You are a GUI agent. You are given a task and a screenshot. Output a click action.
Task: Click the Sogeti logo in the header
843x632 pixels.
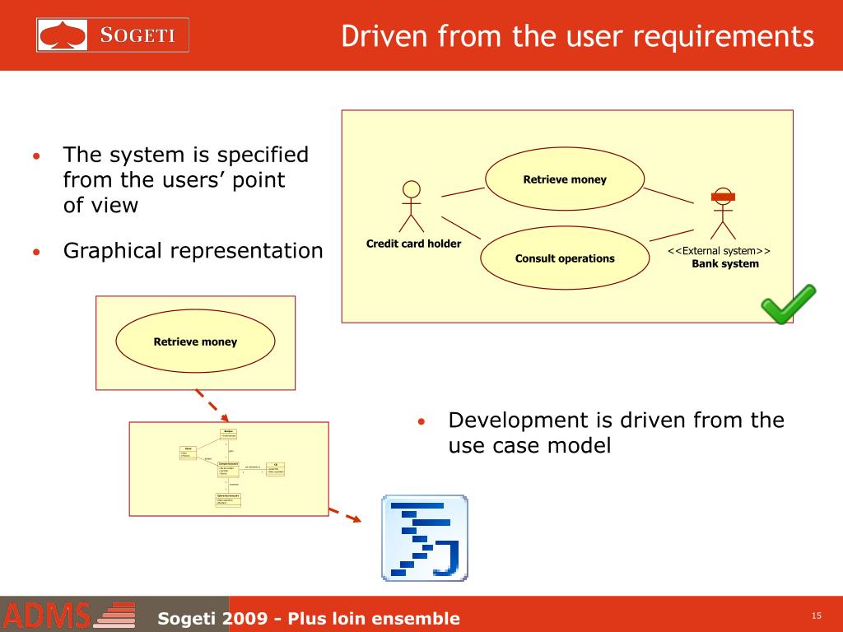pyautogui.click(x=113, y=35)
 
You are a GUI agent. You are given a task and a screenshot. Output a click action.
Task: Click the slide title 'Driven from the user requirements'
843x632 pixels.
pyautogui.click(x=578, y=36)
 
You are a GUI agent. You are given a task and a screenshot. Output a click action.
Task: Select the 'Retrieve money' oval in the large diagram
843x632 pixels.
pyautogui.click(x=564, y=179)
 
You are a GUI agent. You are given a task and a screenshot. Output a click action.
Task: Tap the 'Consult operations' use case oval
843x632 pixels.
pyautogui.click(x=565, y=258)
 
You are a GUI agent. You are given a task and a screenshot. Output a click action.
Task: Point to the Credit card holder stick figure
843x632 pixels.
pyautogui.click(x=411, y=207)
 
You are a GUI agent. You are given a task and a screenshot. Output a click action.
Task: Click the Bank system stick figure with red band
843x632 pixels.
pyautogui.click(x=722, y=212)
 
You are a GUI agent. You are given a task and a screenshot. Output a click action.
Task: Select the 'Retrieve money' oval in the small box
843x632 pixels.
pyautogui.click(x=195, y=342)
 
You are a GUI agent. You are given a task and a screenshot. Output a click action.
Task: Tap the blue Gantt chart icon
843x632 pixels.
pyautogui.click(x=424, y=538)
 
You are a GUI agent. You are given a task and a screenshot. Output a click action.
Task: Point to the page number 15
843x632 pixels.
pyautogui.click(x=817, y=616)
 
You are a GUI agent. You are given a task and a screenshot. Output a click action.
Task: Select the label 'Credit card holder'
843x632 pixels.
pyautogui.click(x=413, y=244)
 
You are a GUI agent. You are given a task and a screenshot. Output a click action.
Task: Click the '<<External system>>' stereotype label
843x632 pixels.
pyautogui.click(x=719, y=251)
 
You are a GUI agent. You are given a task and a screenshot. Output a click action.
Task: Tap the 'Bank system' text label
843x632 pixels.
pyautogui.click(x=724, y=264)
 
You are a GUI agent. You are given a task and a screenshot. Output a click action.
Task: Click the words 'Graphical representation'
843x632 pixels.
pyautogui.click(x=193, y=251)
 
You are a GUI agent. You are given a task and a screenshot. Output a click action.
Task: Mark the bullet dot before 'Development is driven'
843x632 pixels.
pyautogui.click(x=420, y=423)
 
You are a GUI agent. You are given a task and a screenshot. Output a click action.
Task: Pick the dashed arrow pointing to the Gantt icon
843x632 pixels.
pyautogui.click(x=346, y=514)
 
